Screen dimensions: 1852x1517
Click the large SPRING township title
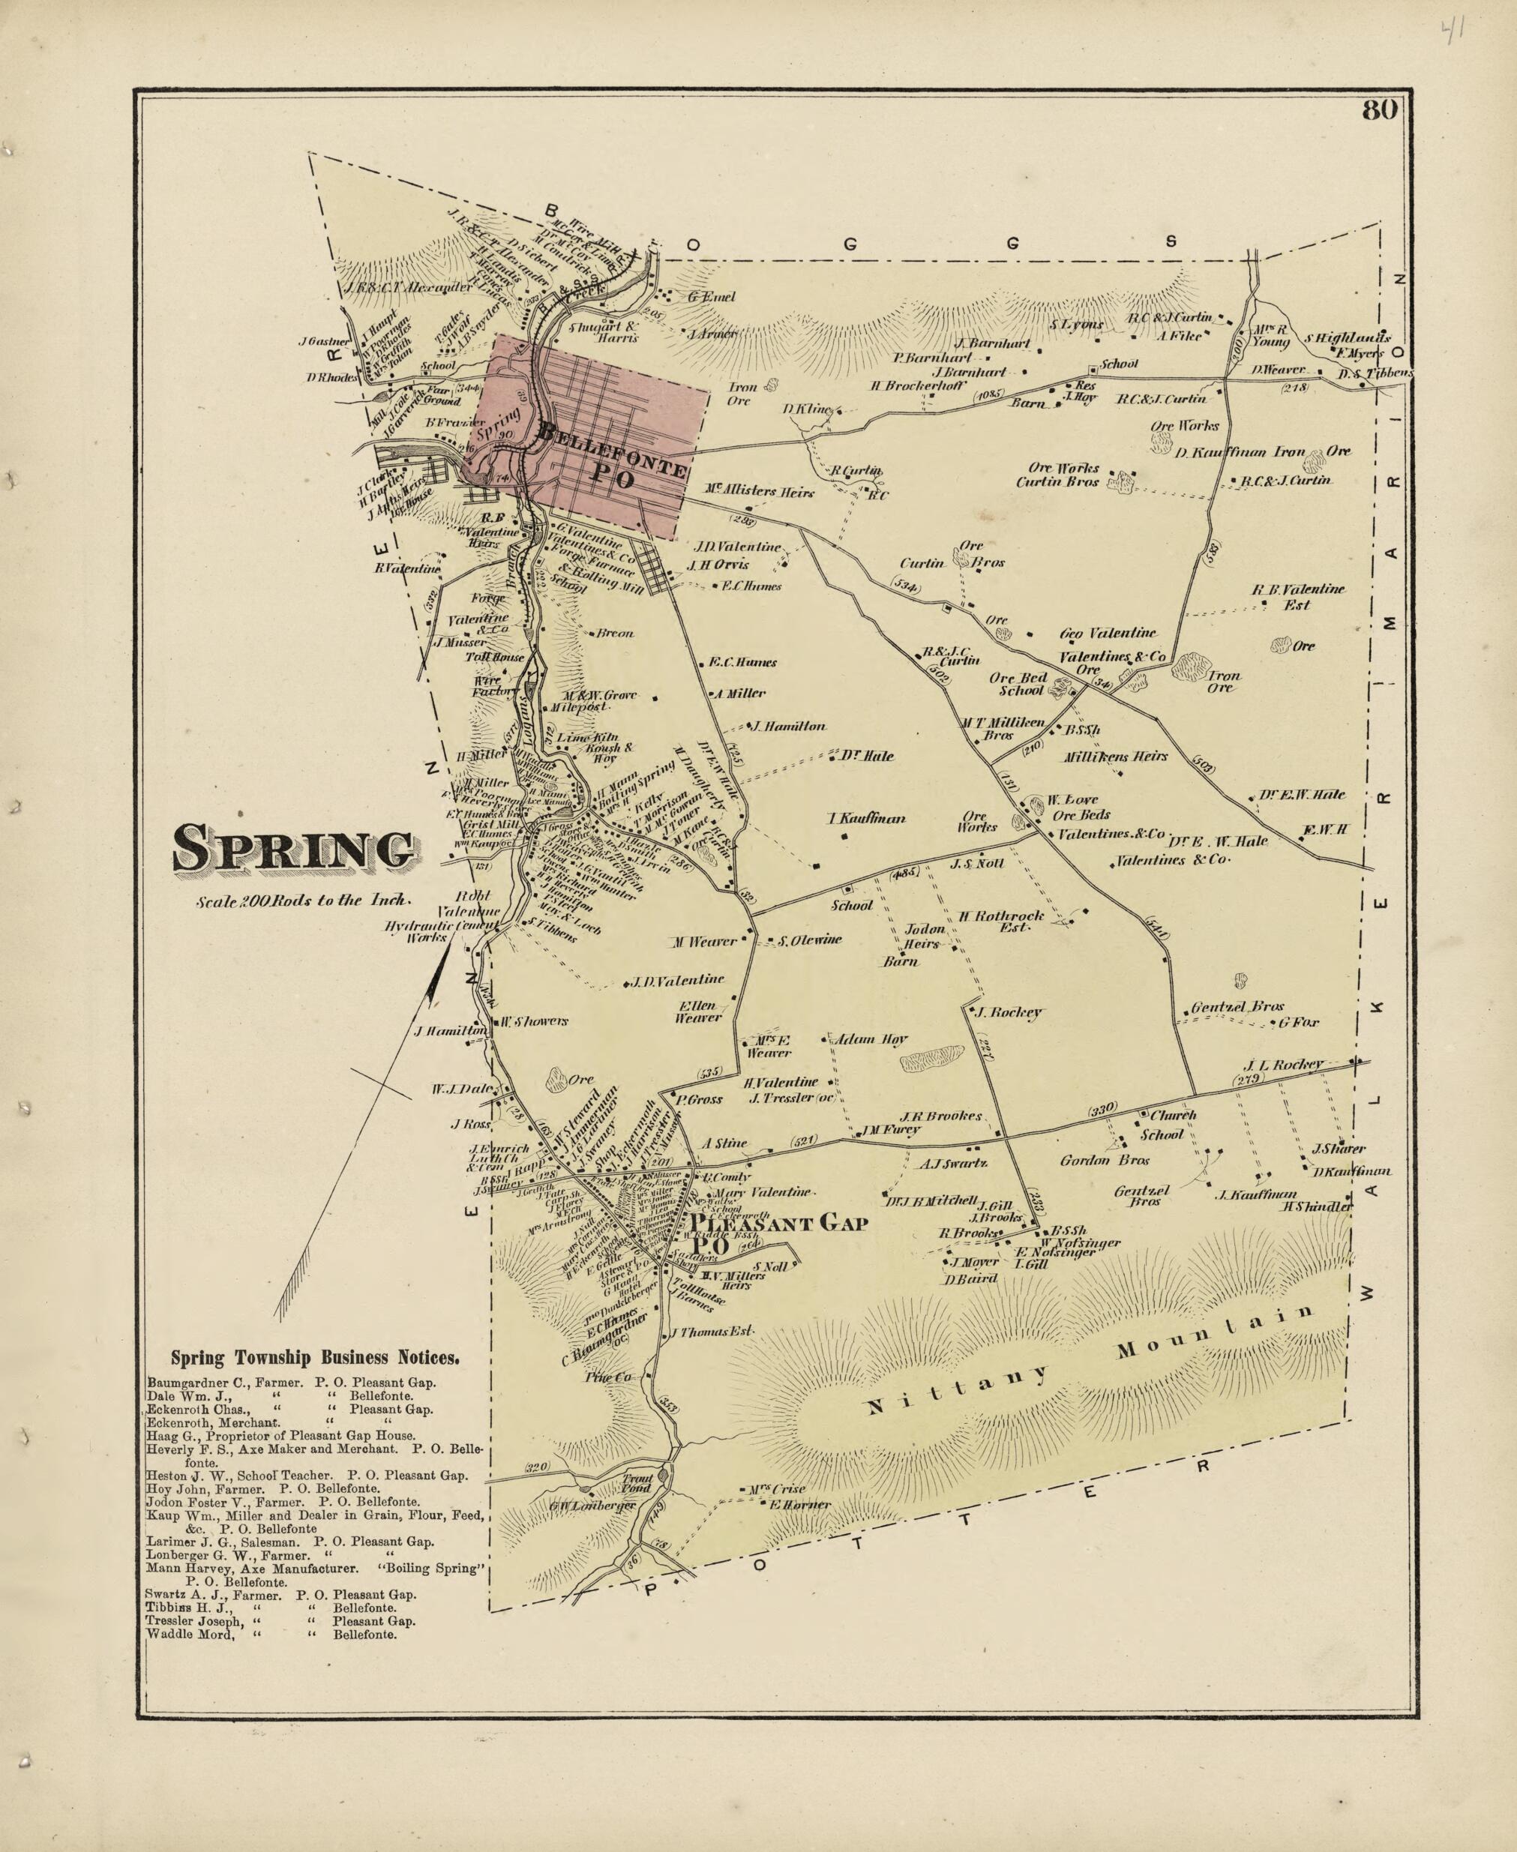pos(294,848)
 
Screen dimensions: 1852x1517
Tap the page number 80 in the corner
pos(1379,111)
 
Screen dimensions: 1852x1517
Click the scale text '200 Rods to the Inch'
pos(302,900)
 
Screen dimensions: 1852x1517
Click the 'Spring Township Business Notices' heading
pos(315,1359)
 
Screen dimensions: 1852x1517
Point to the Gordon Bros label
pos(1105,1160)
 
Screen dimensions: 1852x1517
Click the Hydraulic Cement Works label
pos(439,931)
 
